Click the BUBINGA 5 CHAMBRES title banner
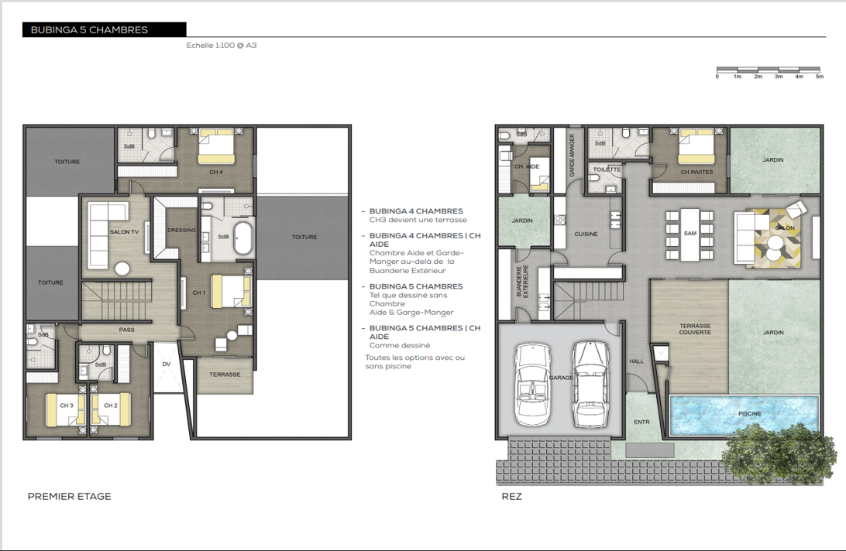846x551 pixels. (104, 29)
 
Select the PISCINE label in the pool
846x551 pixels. (749, 413)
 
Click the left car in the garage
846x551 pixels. (532, 385)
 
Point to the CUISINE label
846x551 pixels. (586, 234)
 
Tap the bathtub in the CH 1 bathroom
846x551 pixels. (243, 238)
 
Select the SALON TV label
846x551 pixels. (124, 232)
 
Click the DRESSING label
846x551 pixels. (181, 230)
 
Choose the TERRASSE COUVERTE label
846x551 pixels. (695, 329)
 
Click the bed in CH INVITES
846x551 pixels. (696, 145)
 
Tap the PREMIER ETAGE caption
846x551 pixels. (70, 497)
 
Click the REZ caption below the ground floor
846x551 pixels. (511, 497)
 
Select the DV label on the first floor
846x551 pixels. (166, 364)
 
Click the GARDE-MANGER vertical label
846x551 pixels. (572, 156)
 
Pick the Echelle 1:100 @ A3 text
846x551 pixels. (222, 46)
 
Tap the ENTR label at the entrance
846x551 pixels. (641, 422)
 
